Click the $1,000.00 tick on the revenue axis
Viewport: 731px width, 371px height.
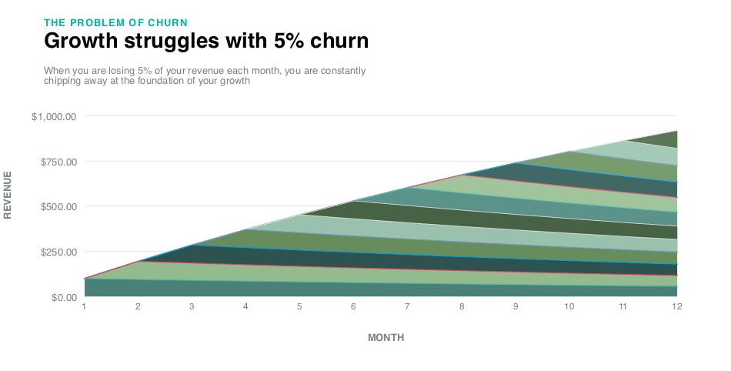click(54, 116)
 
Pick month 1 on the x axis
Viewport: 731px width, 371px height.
click(84, 306)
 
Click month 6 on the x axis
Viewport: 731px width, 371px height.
click(353, 306)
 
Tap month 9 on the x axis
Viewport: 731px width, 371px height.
click(515, 306)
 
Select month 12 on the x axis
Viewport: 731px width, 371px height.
click(676, 306)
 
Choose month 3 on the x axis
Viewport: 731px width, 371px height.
click(192, 306)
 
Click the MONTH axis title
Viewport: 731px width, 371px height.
click(386, 338)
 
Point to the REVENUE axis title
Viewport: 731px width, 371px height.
click(8, 195)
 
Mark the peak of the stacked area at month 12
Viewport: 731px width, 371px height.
click(676, 132)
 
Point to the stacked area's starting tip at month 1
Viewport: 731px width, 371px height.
click(85, 278)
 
